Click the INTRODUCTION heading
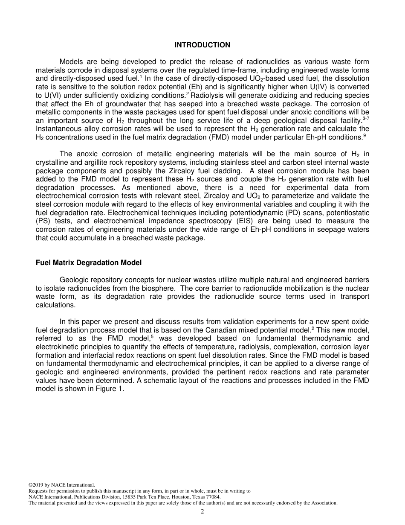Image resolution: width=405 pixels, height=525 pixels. click(202, 45)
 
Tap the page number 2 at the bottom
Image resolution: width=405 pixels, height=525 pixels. click(202, 512)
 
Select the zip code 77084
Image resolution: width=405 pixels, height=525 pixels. click(212, 497)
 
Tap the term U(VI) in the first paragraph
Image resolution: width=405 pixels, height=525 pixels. click(46, 96)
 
